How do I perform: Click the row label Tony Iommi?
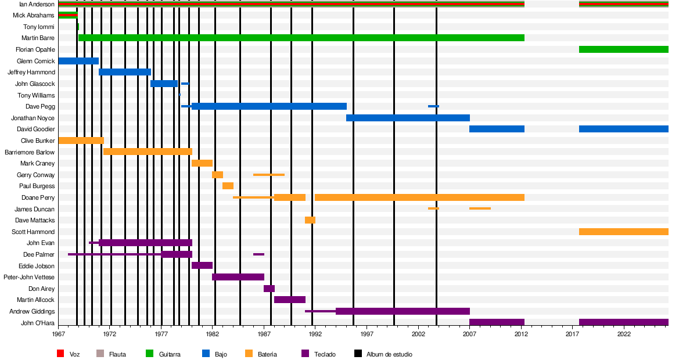pyautogui.click(x=39, y=27)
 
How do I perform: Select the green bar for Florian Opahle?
pyautogui.click(x=623, y=49)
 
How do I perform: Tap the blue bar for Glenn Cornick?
pyautogui.click(x=78, y=61)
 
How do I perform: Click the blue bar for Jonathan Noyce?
pyautogui.click(x=408, y=118)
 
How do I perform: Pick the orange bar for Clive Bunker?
pyautogui.click(x=81, y=141)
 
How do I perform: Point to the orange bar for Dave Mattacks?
pyautogui.click(x=310, y=220)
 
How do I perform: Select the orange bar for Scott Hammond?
pyautogui.click(x=623, y=232)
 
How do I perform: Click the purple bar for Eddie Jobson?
pyautogui.click(x=202, y=265)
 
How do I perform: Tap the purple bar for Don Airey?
pyautogui.click(x=269, y=289)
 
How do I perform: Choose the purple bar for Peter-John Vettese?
pyautogui.click(x=238, y=277)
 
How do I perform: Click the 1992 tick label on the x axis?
pyautogui.click(x=315, y=334)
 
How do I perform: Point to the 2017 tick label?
pyautogui.click(x=573, y=334)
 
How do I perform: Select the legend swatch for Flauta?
pyautogui.click(x=100, y=354)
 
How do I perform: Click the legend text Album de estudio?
pyautogui.click(x=389, y=354)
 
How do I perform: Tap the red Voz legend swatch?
pyautogui.click(x=60, y=354)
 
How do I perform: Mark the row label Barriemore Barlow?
pyautogui.click(x=30, y=152)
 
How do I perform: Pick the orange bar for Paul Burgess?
pyautogui.click(x=228, y=186)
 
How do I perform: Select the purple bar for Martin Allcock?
pyautogui.click(x=289, y=300)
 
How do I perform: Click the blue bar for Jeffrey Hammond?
pyautogui.click(x=125, y=72)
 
